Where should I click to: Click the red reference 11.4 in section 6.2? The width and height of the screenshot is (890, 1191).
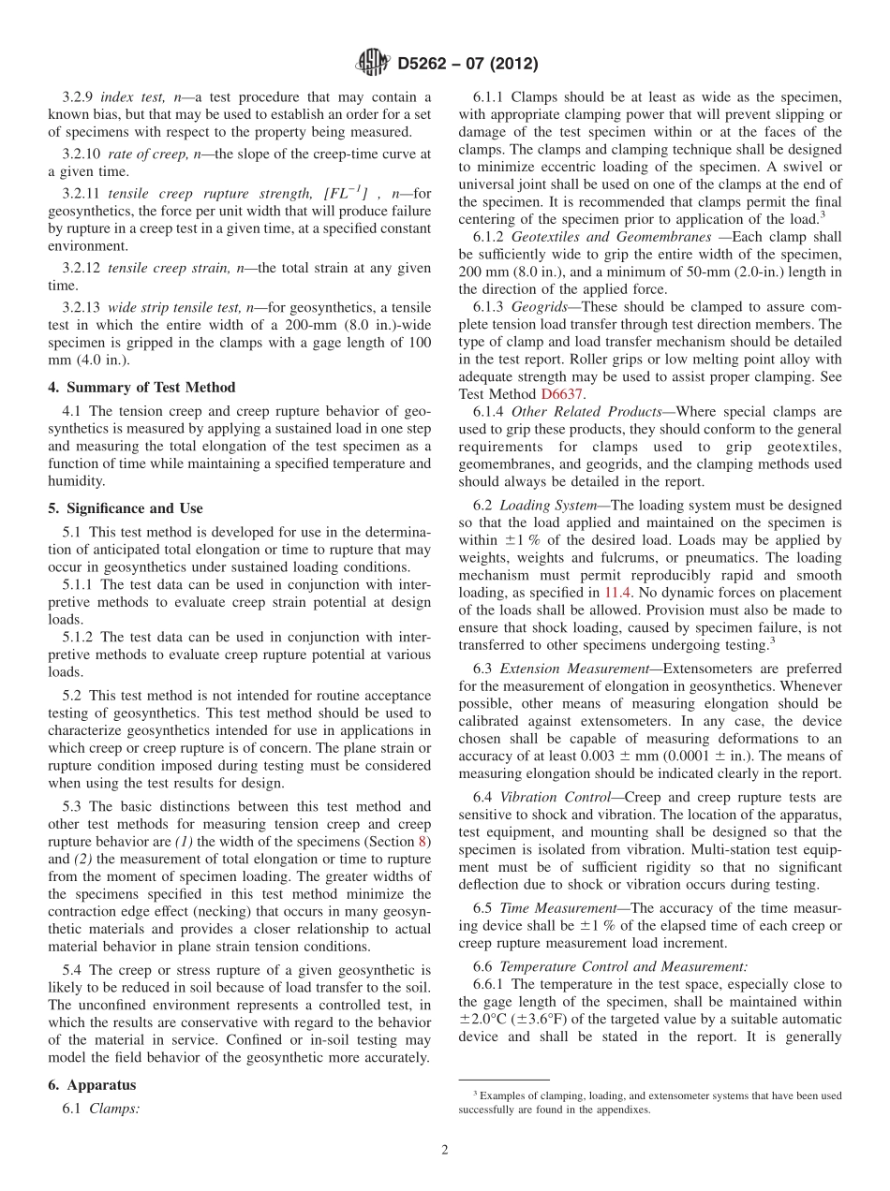(x=616, y=593)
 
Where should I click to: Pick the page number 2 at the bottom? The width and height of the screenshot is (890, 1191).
(x=445, y=1150)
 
